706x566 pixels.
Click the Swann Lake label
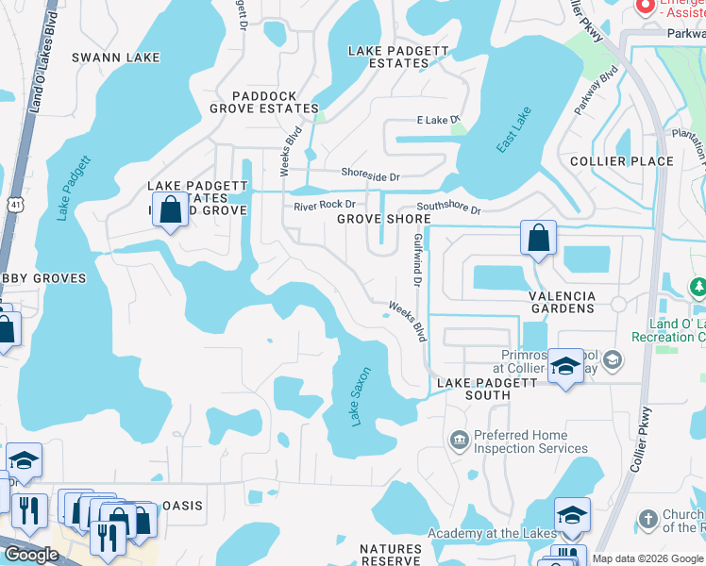click(117, 58)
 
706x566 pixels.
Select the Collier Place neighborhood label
click(618, 161)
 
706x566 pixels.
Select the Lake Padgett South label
click(487, 389)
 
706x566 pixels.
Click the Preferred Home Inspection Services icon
click(459, 439)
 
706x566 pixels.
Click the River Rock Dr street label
click(324, 205)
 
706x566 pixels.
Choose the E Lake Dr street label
click(437, 120)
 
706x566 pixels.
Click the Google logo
click(31, 555)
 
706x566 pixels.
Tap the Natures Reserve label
click(391, 555)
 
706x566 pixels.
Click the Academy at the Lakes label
click(492, 534)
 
